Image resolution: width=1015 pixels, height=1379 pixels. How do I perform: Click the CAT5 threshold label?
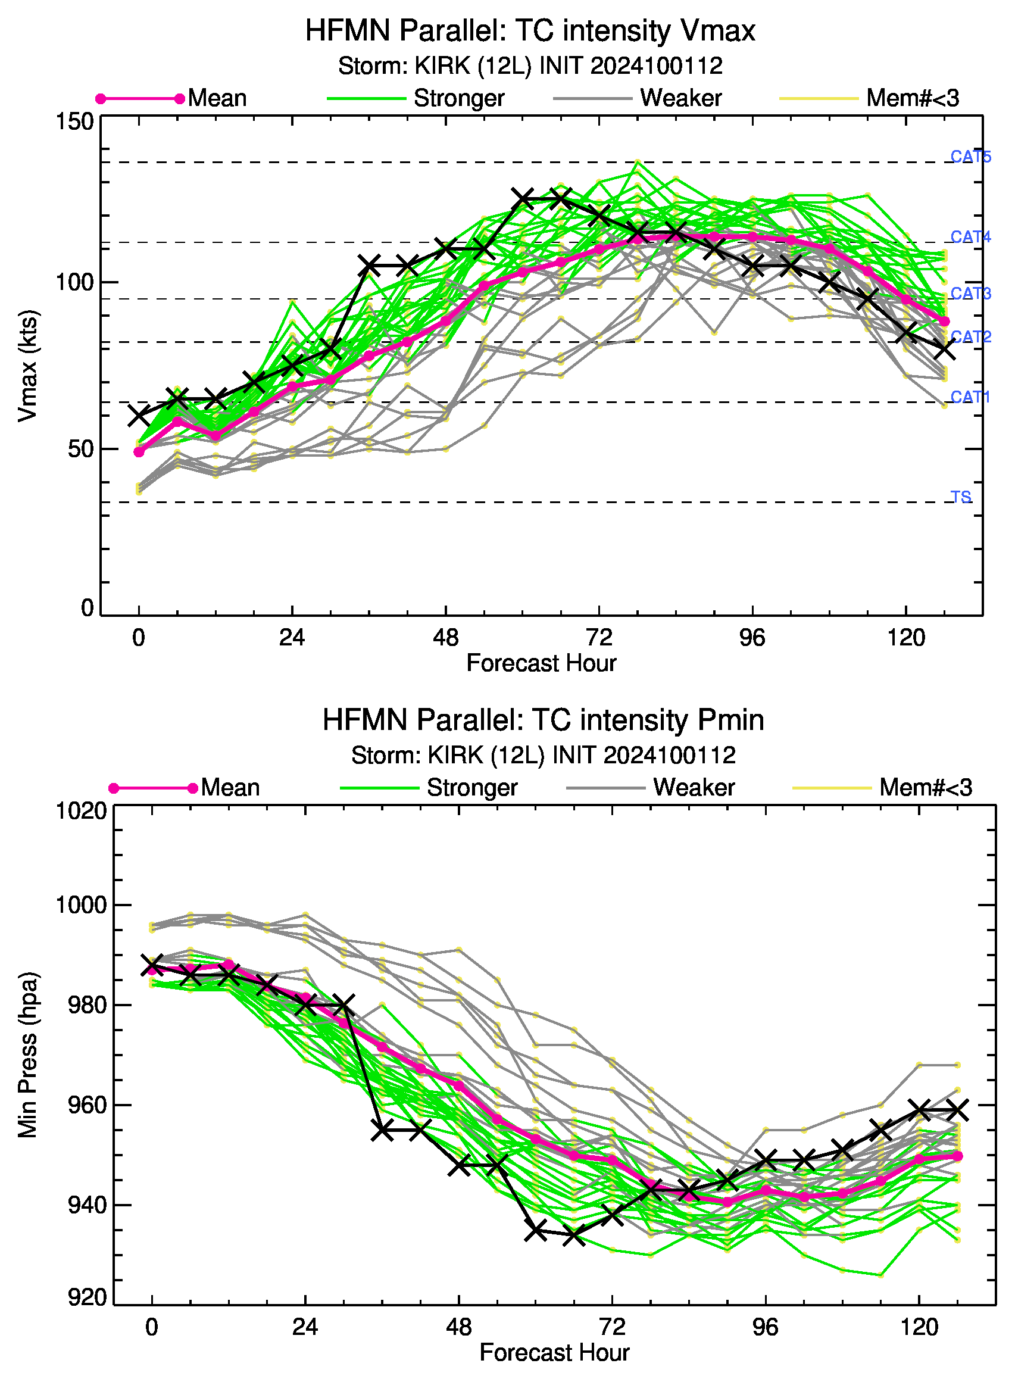(x=971, y=157)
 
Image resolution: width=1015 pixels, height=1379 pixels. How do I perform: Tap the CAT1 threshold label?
(x=970, y=397)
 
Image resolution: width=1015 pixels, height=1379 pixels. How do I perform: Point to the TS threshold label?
(x=961, y=497)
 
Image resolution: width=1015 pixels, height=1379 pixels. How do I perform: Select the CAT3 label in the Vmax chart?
(x=971, y=293)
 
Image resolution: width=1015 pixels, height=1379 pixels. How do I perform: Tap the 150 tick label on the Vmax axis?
(x=75, y=121)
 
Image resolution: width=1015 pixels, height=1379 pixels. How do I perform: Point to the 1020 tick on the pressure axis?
(x=82, y=811)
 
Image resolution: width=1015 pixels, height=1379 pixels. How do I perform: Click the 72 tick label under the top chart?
(x=598, y=638)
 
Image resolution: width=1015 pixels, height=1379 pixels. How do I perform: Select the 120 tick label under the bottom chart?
(x=919, y=1327)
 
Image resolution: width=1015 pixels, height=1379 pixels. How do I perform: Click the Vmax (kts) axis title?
(x=27, y=366)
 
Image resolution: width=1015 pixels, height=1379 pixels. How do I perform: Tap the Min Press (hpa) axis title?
(x=27, y=1054)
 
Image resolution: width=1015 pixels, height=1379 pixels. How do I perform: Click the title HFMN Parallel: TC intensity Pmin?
(x=543, y=720)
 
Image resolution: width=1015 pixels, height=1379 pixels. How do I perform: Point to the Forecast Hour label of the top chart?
(x=541, y=663)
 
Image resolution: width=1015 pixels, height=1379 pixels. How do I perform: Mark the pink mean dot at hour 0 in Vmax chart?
(x=139, y=453)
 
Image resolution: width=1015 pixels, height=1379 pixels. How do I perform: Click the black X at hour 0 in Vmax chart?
(x=139, y=416)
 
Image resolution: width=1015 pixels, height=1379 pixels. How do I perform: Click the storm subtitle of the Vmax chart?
(x=530, y=65)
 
